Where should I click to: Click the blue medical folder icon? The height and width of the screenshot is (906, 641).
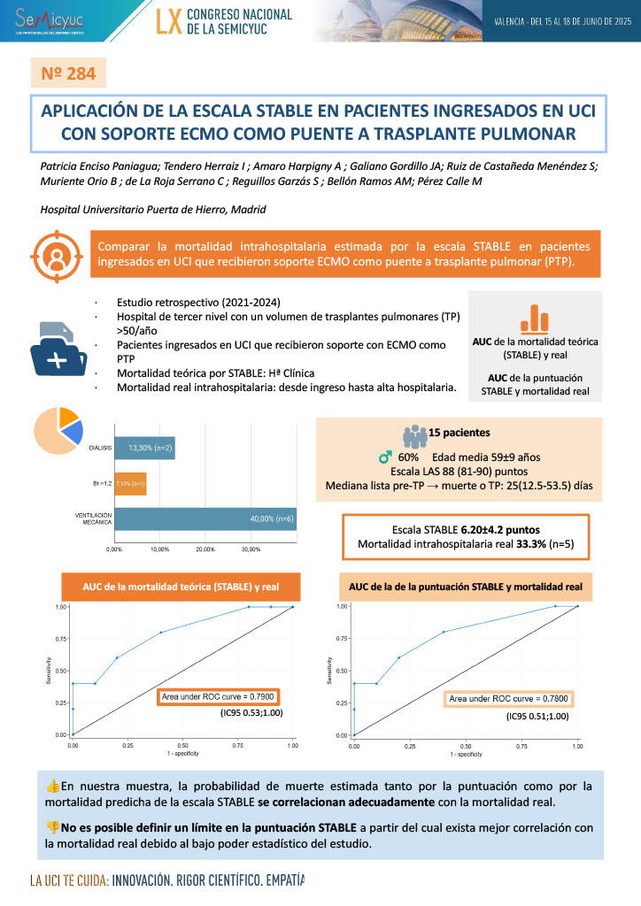click(x=58, y=349)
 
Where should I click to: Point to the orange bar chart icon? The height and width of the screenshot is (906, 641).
click(x=534, y=319)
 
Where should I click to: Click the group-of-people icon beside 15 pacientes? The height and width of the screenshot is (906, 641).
click(x=414, y=434)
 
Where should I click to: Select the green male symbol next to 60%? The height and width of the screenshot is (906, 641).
click(x=385, y=457)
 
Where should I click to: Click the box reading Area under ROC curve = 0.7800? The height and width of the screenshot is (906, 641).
click(x=508, y=699)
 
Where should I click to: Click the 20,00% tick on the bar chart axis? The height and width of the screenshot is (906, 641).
click(x=205, y=549)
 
